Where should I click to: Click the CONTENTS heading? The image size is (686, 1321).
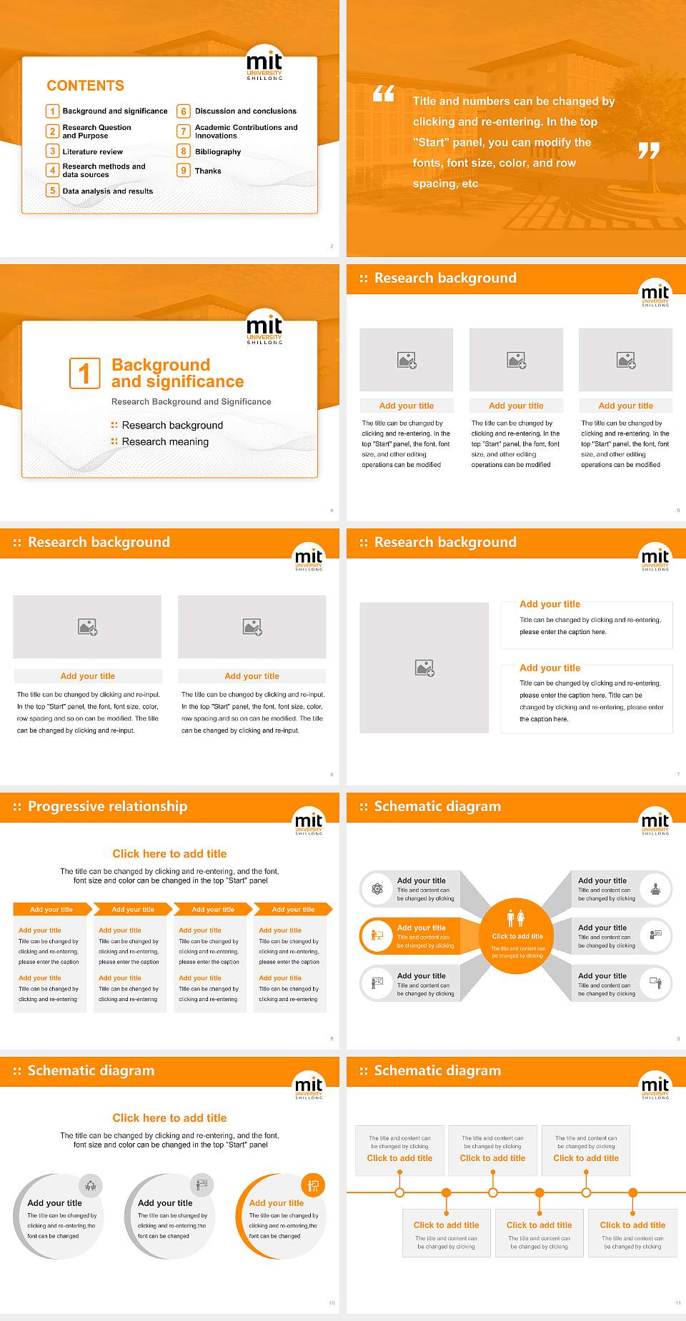click(85, 86)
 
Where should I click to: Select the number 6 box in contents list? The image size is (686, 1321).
click(184, 111)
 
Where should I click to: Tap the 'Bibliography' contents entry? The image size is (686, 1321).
click(218, 152)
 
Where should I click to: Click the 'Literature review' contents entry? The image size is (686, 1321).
click(92, 152)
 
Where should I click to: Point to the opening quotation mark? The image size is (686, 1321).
click(384, 94)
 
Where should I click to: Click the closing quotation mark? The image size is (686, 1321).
click(648, 151)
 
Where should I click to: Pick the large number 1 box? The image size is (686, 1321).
click(85, 373)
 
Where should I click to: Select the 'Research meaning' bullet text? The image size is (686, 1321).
click(165, 442)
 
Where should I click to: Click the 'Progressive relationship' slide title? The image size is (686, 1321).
click(107, 806)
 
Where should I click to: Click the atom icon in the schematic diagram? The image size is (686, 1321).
click(377, 889)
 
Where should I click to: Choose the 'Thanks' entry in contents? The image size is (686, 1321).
click(208, 171)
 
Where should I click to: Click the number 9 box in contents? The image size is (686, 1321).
click(184, 171)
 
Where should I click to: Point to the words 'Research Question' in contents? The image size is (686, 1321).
click(96, 128)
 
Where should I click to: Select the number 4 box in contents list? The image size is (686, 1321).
click(52, 170)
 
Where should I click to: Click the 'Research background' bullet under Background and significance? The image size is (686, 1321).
click(172, 426)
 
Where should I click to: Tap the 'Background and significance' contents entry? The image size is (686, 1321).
click(115, 111)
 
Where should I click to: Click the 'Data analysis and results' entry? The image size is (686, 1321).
click(108, 191)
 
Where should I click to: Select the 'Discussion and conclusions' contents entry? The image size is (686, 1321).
click(246, 111)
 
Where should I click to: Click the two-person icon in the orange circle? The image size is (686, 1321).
click(516, 918)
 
